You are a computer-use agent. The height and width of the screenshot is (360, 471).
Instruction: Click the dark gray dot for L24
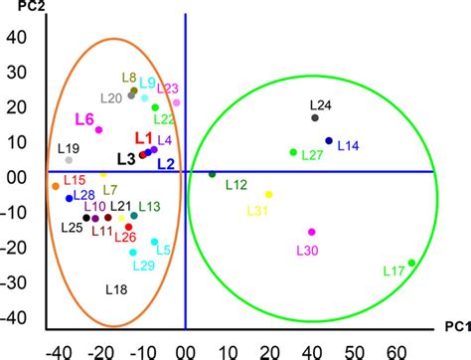[315, 118]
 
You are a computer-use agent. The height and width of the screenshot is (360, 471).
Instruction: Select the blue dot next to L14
[329, 141]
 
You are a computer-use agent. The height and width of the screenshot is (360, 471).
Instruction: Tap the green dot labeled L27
[293, 152]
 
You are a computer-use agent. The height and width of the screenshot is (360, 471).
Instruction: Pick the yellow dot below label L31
[268, 194]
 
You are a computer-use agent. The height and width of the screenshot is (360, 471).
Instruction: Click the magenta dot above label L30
[311, 232]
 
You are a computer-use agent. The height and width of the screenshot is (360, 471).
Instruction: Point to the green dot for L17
[411, 264]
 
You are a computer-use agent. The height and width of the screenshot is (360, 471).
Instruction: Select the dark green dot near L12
[212, 175]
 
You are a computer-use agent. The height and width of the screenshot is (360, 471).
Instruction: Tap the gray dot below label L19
[69, 160]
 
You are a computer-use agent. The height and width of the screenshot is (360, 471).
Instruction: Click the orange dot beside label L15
[56, 186]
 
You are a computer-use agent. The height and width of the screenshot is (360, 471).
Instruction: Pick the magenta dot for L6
[99, 129]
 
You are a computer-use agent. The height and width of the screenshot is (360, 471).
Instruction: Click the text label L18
[116, 289]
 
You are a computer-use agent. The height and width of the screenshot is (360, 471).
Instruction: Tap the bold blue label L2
[166, 163]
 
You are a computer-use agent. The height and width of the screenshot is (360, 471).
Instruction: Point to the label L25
[72, 228]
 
